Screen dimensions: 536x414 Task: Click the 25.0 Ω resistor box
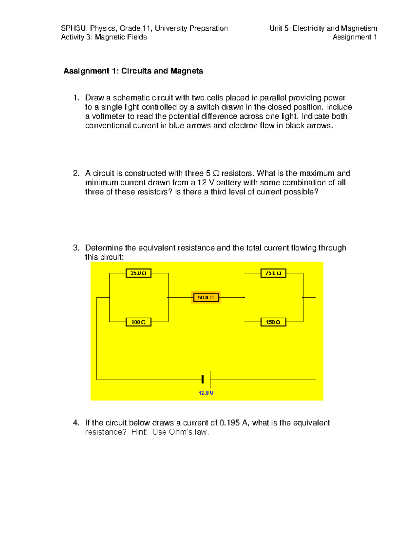point(138,273)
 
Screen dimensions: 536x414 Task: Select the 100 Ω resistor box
point(138,322)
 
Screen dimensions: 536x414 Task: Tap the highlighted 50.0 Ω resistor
point(206,297)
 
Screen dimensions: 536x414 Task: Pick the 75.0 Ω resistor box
point(273,273)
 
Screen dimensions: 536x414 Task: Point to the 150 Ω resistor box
point(273,322)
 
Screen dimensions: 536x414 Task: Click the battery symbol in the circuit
point(206,380)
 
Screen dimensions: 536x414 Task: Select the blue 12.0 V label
point(206,393)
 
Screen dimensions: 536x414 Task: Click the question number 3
point(76,248)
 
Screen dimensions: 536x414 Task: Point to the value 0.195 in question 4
point(230,423)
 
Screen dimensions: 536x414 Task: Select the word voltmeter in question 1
point(108,116)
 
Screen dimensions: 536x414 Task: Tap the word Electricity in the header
point(308,28)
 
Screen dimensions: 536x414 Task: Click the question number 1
point(76,98)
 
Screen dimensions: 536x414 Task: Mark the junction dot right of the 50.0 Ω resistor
point(244,297)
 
